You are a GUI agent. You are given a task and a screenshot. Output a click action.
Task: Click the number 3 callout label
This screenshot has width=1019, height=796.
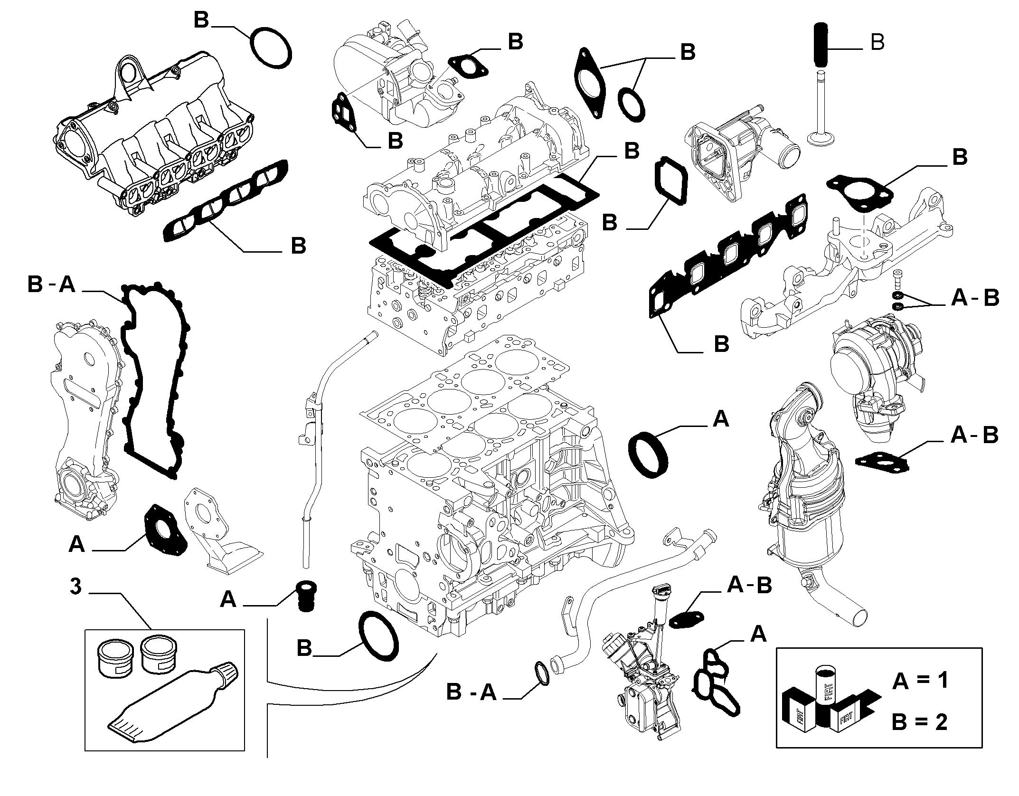[76, 587]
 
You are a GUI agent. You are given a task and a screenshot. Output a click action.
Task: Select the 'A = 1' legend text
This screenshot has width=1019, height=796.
[920, 681]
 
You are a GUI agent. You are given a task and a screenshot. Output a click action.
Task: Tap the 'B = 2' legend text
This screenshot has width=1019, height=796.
[920, 722]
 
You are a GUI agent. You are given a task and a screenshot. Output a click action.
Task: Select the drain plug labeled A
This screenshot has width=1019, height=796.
[306, 596]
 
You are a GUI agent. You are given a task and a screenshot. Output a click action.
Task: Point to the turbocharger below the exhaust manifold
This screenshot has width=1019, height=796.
[878, 375]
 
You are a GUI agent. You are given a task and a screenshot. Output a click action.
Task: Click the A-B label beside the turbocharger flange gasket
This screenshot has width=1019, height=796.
[974, 435]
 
